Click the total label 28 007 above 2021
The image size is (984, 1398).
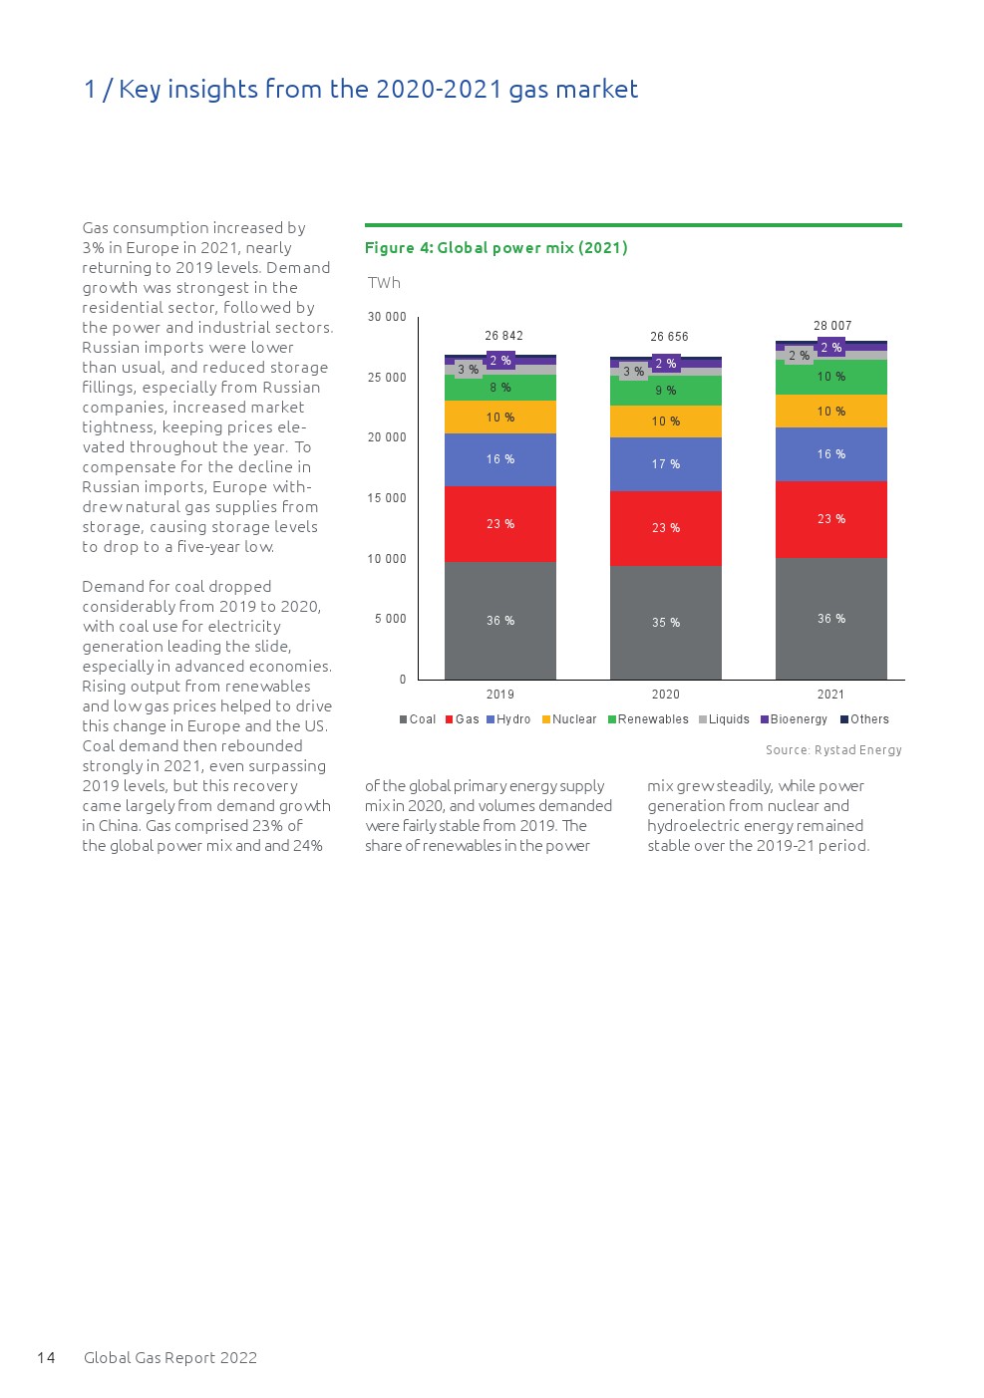[832, 326]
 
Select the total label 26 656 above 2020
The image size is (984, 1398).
[669, 337]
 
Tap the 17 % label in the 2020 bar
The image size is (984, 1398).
[666, 464]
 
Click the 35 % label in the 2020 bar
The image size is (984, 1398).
[666, 623]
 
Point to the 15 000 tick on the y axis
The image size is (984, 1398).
[387, 498]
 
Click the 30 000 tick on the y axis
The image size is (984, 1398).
[387, 317]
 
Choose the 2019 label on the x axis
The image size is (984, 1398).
[500, 695]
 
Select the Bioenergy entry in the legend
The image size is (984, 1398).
[795, 719]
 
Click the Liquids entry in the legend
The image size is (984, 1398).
[725, 719]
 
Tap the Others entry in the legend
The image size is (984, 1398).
[865, 719]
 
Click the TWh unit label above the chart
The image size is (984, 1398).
[384, 283]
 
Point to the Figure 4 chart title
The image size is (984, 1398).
[495, 247]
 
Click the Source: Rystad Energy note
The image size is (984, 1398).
[833, 750]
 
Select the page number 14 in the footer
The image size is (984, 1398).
[46, 1357]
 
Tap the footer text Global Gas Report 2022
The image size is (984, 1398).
[170, 1357]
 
